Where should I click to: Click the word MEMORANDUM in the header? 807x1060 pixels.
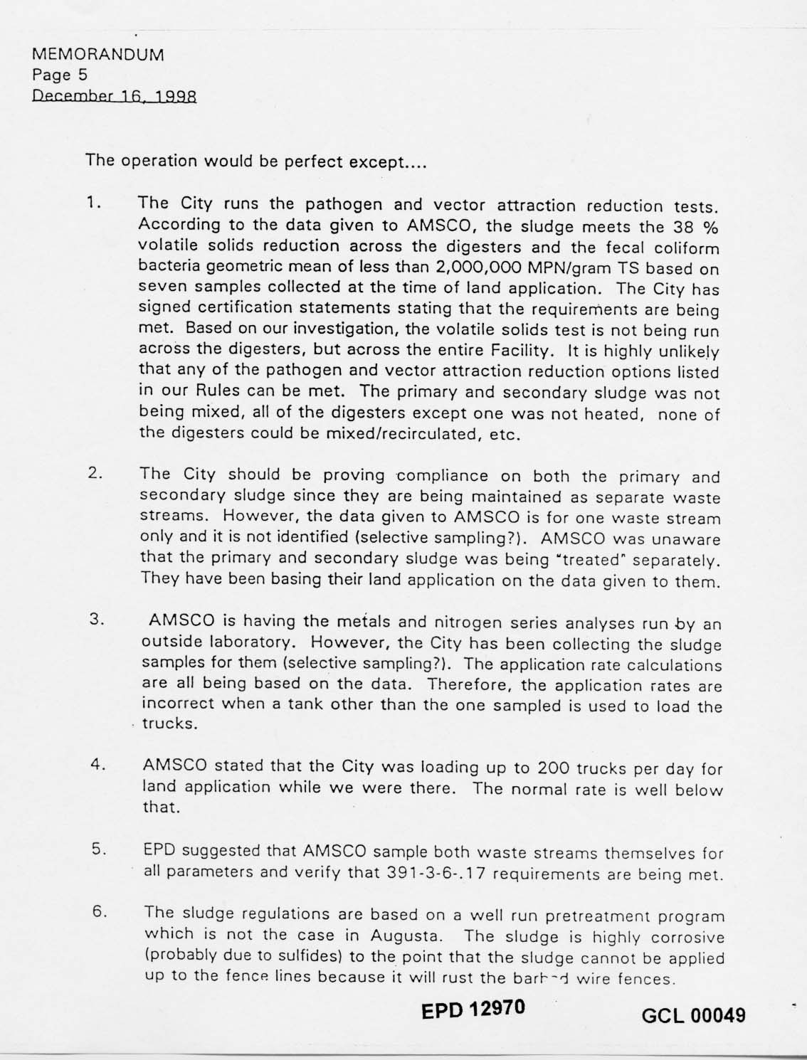click(x=98, y=54)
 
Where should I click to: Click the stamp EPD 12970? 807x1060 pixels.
click(x=475, y=1009)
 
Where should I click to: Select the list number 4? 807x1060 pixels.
click(x=98, y=765)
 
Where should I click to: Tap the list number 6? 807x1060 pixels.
click(x=99, y=912)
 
